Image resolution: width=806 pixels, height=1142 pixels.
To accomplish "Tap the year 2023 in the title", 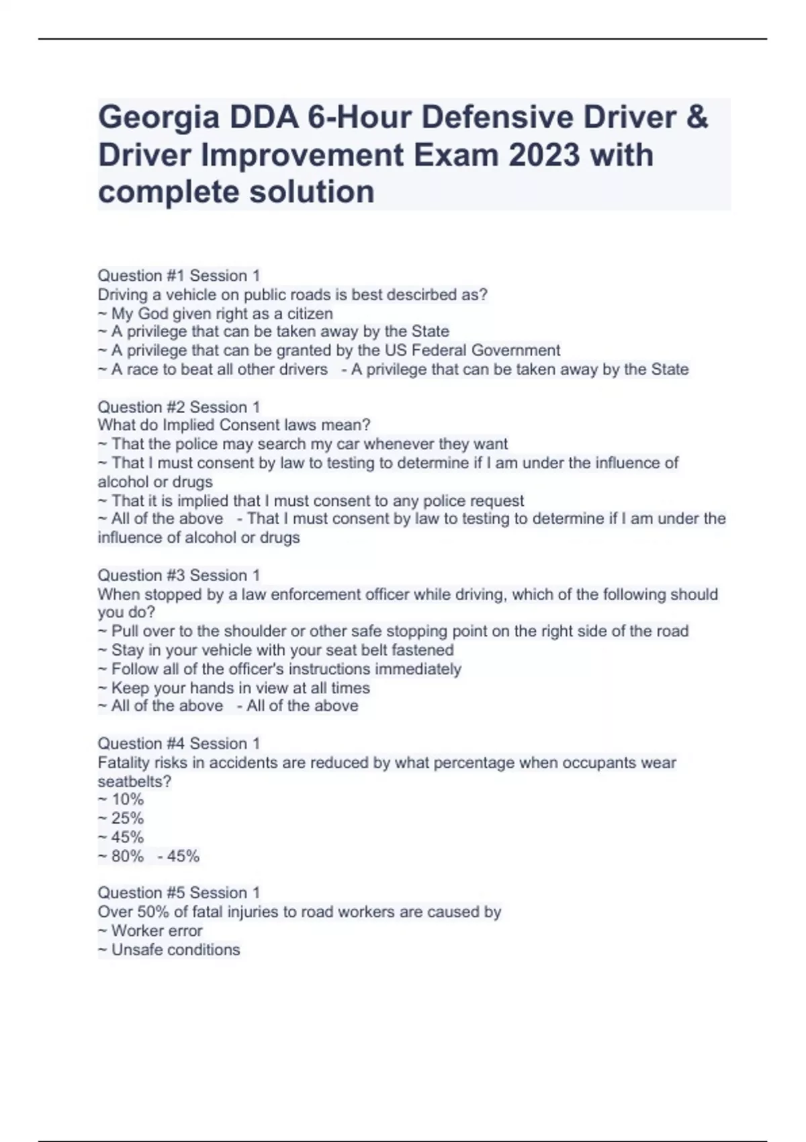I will [543, 155].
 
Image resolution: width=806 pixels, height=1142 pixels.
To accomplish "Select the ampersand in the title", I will [698, 118].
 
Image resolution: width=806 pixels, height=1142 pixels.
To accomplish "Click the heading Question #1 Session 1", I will [179, 275].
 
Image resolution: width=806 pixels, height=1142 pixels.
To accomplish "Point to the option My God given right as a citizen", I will [222, 314].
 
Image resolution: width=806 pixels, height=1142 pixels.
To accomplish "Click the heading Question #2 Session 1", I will [179, 407].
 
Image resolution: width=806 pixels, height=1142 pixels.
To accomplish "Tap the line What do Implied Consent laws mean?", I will [234, 425].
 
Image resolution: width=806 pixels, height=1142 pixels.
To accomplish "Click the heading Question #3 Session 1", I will [179, 576].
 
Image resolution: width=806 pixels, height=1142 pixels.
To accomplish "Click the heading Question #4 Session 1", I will [179, 744].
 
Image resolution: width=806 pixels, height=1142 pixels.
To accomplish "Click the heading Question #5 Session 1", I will [179, 893].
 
